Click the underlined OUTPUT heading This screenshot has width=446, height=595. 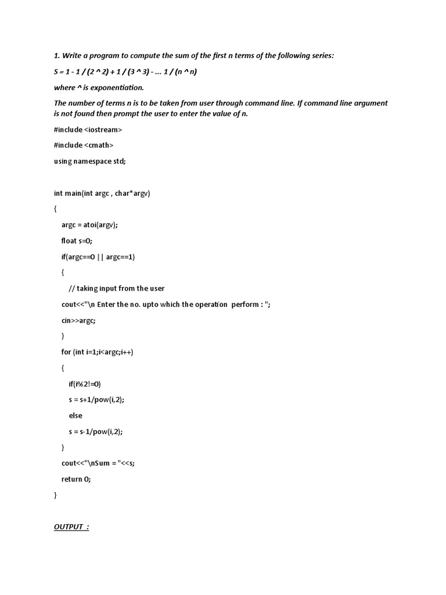tap(71, 527)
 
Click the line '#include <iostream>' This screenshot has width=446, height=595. tap(88, 130)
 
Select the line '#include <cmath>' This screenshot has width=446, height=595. tap(84, 145)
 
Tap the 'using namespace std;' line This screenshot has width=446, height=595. tap(89, 162)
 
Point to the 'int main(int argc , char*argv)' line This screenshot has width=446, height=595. tap(102, 193)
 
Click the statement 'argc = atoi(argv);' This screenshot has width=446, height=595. tap(93, 225)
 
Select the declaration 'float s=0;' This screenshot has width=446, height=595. tap(77, 241)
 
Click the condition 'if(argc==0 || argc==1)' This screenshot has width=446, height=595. tap(98, 256)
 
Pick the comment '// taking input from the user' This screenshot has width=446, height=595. tap(117, 288)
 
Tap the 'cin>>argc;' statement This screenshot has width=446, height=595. tap(78, 320)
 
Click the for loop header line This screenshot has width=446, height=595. tap(97, 352)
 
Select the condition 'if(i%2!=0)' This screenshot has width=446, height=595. tap(85, 383)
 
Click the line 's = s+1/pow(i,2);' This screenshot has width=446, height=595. tap(96, 400)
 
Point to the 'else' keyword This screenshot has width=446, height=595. tap(75, 415)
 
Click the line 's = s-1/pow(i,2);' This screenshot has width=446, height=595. tap(96, 432)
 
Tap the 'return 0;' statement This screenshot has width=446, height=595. tap(77, 479)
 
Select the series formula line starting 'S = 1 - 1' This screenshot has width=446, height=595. tap(125, 71)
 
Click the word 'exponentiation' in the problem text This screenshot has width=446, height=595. tap(120, 88)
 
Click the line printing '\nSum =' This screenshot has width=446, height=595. tap(102, 463)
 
